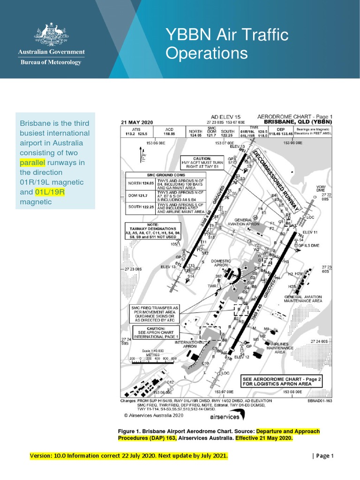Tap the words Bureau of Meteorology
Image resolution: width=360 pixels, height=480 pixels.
(50, 62)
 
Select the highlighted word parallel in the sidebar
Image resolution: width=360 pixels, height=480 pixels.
(32, 163)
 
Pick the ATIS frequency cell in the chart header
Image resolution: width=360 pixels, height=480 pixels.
(136, 131)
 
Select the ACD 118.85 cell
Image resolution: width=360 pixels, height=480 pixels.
(169, 131)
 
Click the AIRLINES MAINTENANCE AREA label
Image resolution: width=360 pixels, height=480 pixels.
(280, 348)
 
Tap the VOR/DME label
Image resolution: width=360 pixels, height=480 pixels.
(321, 188)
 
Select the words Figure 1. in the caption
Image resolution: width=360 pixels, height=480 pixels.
(130, 431)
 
